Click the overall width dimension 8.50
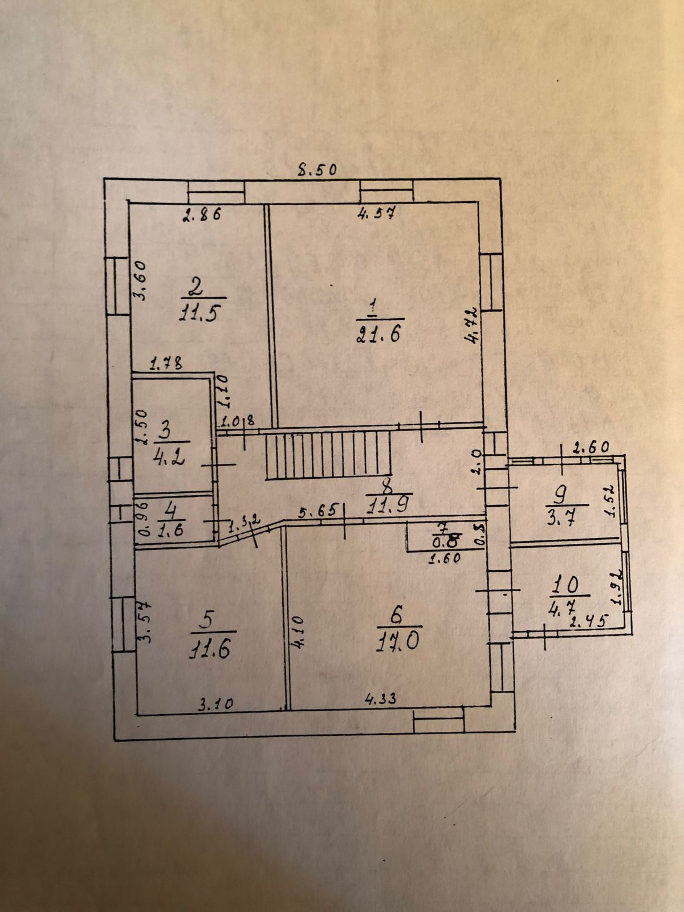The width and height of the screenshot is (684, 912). pos(319,169)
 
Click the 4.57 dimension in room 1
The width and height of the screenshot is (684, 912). pos(376,214)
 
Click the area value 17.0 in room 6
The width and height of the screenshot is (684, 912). pos(398,642)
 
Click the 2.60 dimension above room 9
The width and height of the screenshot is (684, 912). pos(591,447)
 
